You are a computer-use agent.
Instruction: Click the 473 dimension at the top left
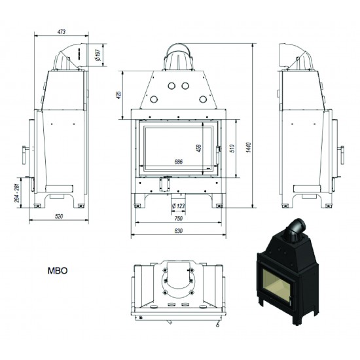click(61, 31)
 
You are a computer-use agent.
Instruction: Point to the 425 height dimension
click(118, 96)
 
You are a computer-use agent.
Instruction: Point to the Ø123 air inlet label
click(176, 207)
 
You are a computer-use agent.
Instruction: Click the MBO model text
click(57, 269)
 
